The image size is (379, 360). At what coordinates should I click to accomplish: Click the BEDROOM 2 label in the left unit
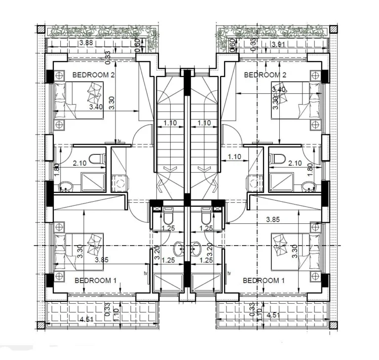click(93, 75)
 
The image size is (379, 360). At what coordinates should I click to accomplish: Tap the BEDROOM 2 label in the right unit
click(265, 75)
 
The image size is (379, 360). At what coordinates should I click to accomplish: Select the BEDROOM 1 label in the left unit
click(95, 281)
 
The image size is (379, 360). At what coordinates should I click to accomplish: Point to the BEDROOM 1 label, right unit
click(264, 281)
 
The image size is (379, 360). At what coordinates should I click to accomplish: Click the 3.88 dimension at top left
click(86, 43)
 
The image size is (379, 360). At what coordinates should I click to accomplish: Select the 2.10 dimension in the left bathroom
click(80, 163)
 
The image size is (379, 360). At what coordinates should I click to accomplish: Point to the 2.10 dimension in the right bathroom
click(295, 163)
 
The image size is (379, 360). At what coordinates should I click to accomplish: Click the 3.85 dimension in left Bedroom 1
click(102, 259)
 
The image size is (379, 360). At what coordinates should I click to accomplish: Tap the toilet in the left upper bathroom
click(101, 159)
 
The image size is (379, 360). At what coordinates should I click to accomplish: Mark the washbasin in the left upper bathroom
click(65, 186)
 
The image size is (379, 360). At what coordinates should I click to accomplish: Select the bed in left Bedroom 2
click(79, 101)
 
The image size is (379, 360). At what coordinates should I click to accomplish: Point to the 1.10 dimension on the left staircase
click(170, 123)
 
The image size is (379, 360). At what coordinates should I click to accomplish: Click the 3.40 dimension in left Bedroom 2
click(96, 106)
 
